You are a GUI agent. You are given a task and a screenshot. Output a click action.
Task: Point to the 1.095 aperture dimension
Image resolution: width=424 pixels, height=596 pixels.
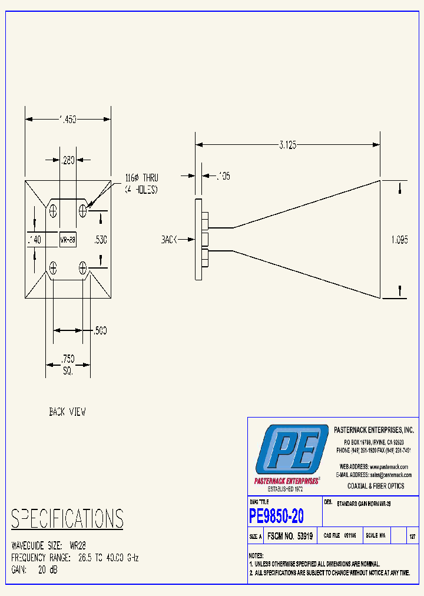pos(399,240)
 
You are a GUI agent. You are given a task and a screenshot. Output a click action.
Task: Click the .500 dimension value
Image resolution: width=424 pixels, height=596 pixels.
pos(100,330)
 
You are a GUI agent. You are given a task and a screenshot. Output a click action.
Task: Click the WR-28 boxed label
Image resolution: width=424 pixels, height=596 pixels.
pos(67,240)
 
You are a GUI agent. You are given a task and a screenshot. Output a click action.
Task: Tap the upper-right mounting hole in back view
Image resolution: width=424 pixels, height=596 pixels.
pos(83,210)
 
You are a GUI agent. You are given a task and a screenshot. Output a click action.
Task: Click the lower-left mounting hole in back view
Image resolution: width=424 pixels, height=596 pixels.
pos(54,269)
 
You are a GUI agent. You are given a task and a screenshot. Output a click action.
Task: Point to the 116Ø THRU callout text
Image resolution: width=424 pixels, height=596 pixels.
pos(141,178)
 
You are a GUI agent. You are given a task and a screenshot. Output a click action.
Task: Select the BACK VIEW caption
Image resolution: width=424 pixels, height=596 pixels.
pos(67,412)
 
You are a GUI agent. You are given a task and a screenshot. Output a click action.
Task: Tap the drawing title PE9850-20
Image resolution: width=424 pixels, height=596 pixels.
pos(277,516)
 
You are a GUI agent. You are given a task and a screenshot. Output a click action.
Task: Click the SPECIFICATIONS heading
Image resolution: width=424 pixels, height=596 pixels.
pos(67,519)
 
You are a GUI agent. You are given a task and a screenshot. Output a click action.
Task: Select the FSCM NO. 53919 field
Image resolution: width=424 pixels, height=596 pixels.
pos(290,537)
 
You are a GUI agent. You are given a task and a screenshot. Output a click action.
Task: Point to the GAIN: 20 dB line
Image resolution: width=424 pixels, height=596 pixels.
pos(35,570)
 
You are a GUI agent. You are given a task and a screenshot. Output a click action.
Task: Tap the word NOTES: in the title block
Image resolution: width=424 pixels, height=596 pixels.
pos(256,555)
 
